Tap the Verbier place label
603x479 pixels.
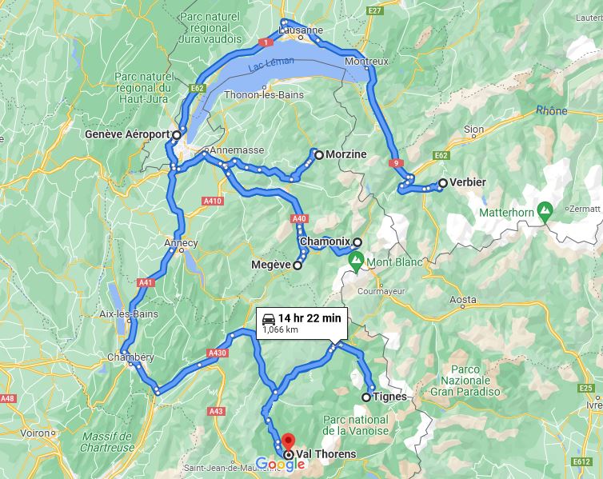click(x=468, y=182)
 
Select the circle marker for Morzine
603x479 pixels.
click(x=318, y=154)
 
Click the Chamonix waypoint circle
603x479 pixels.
click(x=357, y=242)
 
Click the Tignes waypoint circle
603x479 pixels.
click(x=366, y=397)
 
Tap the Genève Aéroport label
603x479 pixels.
click(x=127, y=134)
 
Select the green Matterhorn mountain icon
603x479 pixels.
click(x=545, y=213)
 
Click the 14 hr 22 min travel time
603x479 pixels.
click(x=309, y=318)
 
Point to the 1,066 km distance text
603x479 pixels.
click(x=280, y=329)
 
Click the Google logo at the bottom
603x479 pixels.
click(x=275, y=463)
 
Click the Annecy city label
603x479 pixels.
click(x=181, y=242)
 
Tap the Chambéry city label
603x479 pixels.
click(x=132, y=357)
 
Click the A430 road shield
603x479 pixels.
click(x=218, y=352)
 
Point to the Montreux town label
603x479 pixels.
click(x=366, y=62)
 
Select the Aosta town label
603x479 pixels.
click(x=464, y=300)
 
